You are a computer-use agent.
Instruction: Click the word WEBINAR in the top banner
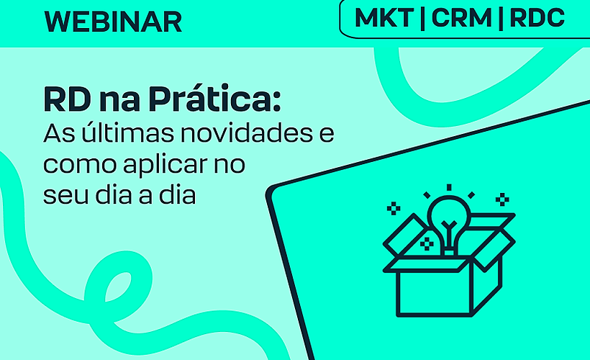113,22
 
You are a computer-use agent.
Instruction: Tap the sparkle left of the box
394,209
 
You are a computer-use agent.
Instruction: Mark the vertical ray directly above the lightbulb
449,188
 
